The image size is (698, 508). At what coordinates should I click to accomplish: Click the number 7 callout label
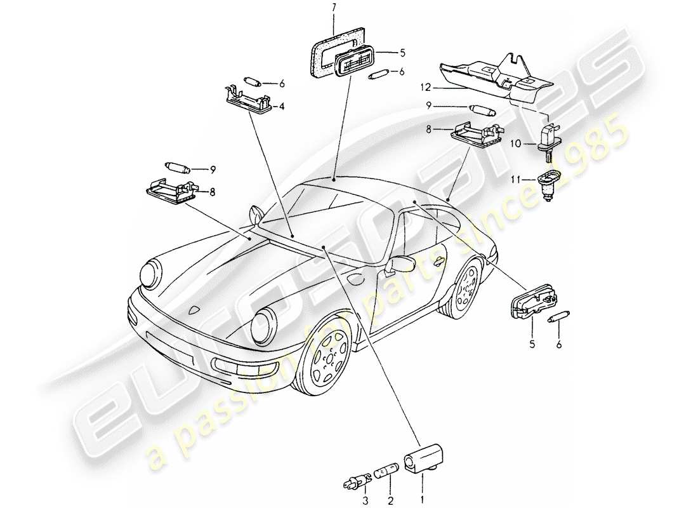coord(336,7)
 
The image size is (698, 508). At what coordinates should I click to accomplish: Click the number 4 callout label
coord(282,106)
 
